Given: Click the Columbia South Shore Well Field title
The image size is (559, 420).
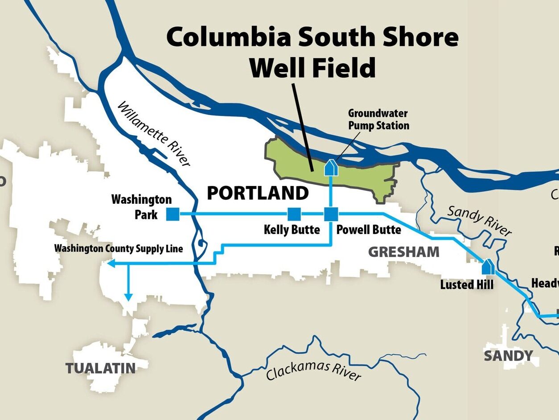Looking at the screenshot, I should (x=312, y=53).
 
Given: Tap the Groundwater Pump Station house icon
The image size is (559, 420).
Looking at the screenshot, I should (x=330, y=168).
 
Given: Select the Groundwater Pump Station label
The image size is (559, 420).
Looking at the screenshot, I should (x=378, y=119).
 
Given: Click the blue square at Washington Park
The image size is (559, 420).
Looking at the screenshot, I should (x=173, y=214).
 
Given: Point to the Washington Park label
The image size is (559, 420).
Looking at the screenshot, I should (x=141, y=206).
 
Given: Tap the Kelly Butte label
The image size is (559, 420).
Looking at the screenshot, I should (x=292, y=230).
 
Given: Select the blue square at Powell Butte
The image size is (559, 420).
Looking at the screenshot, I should (x=330, y=214).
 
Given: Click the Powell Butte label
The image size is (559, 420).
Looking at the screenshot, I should (x=368, y=230).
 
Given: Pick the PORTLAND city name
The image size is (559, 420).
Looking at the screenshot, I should (x=258, y=194).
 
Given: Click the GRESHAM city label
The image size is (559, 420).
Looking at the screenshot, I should (x=403, y=252).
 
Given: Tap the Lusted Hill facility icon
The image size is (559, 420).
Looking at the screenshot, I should (x=487, y=267).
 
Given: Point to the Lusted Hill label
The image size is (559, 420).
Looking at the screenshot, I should (x=467, y=284).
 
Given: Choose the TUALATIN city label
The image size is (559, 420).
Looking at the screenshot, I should (x=101, y=368).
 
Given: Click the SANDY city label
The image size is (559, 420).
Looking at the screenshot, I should (x=508, y=356).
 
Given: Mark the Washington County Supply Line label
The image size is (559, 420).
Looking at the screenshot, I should (x=119, y=248).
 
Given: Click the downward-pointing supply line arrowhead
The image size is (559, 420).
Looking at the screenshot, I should (x=128, y=297).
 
